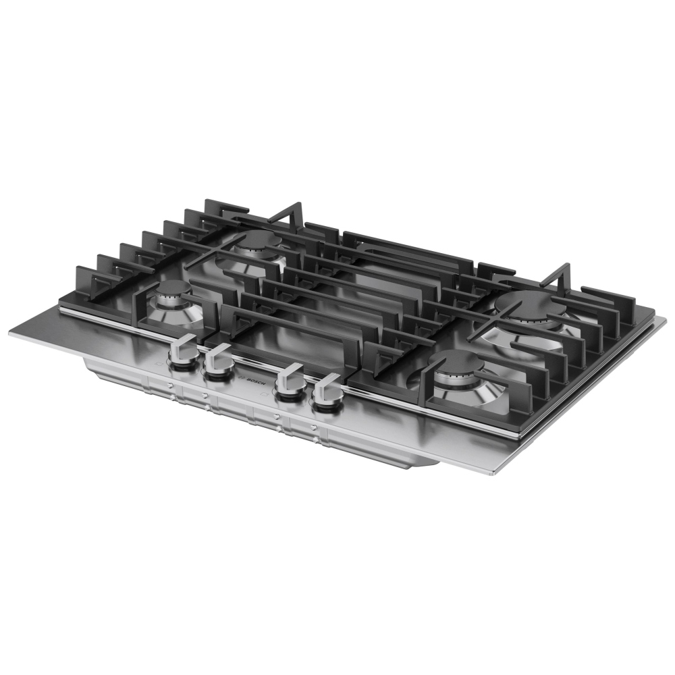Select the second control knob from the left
click(x=218, y=362)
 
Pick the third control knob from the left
click(x=290, y=382)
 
